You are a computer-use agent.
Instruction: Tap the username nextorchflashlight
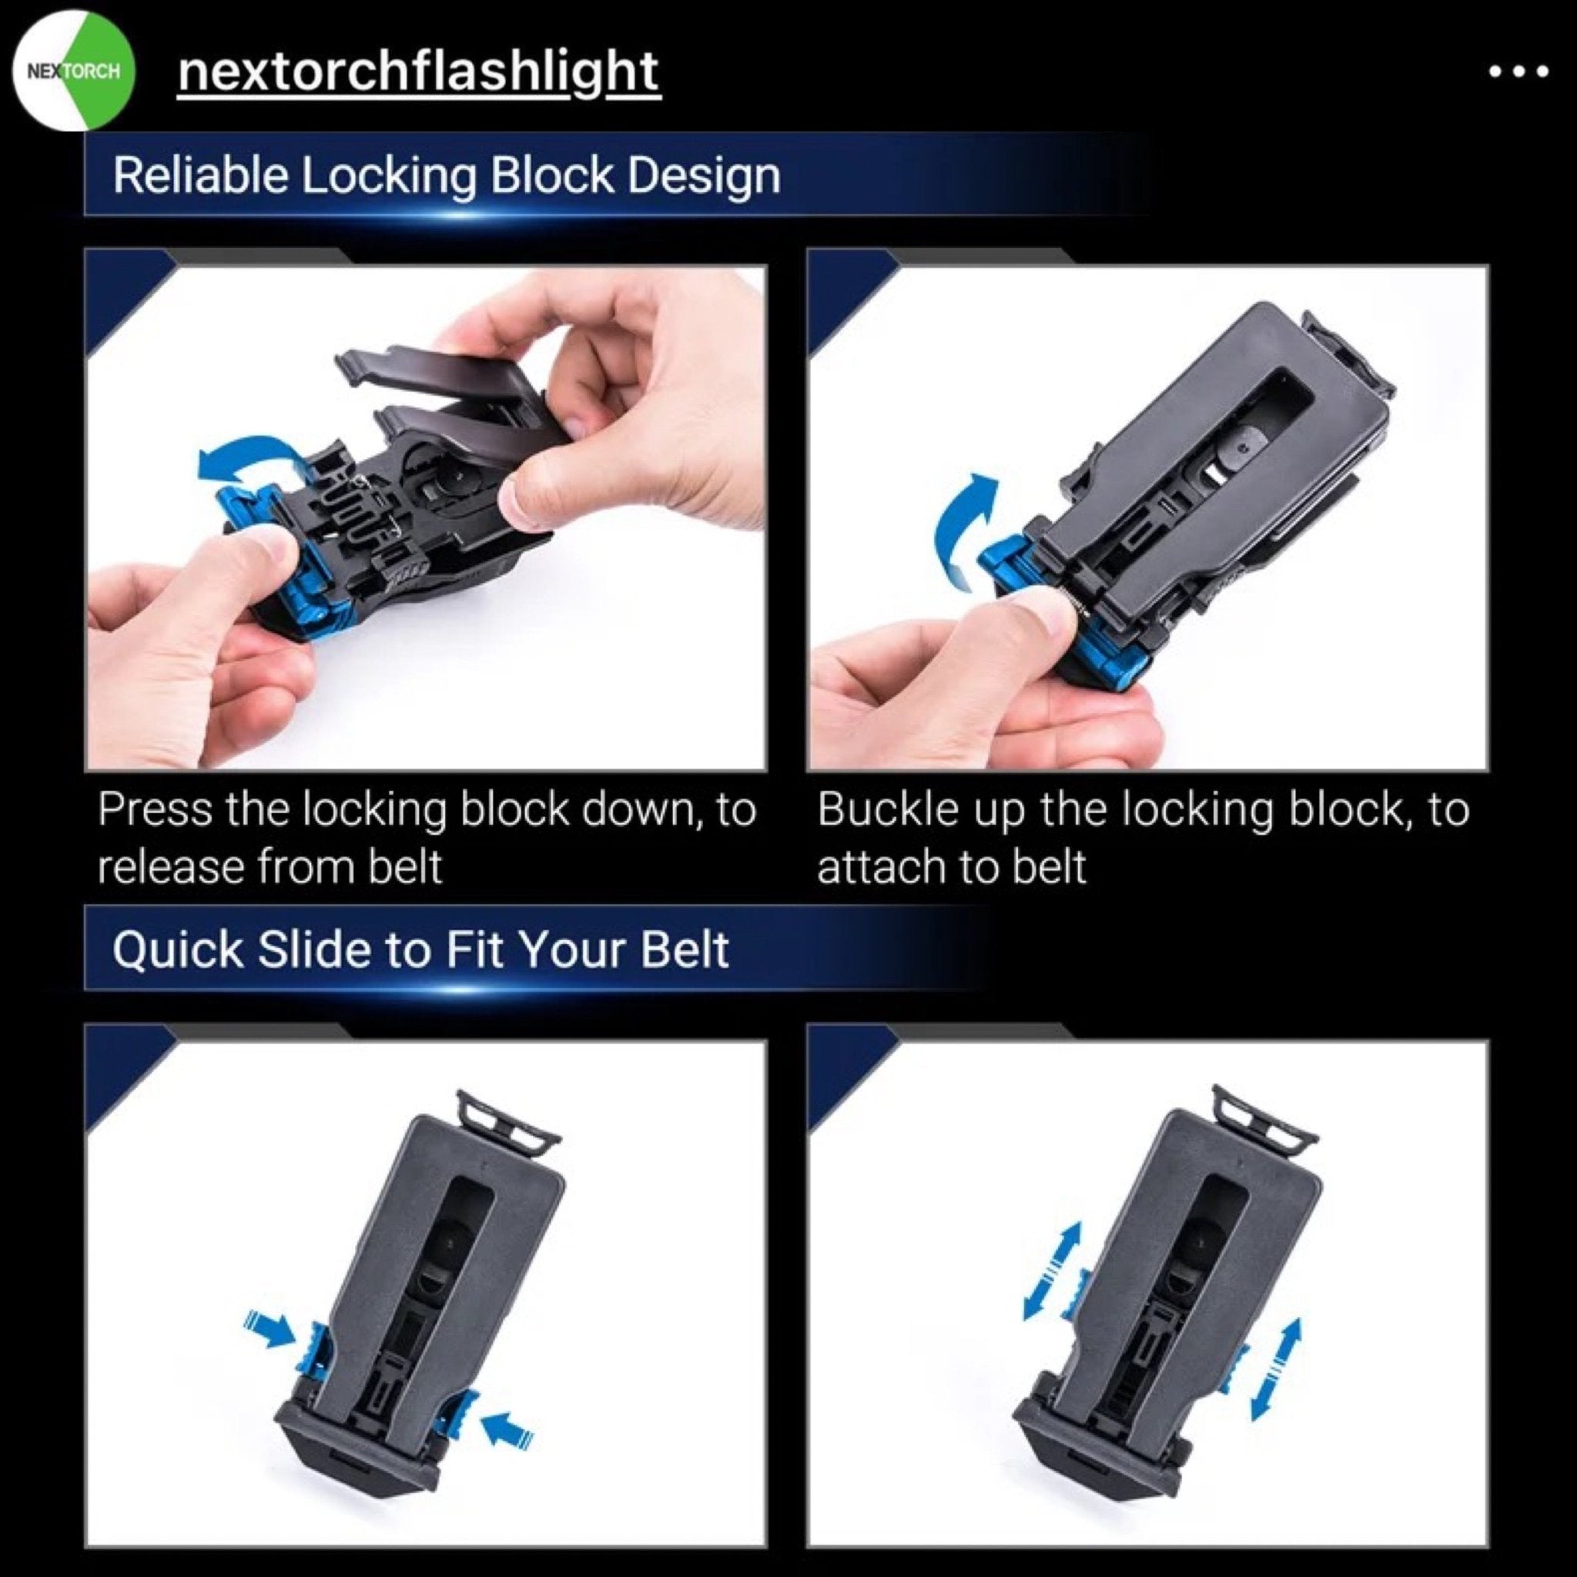pyautogui.click(x=418, y=72)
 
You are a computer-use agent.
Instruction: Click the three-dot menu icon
pyautogui.click(x=1518, y=72)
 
